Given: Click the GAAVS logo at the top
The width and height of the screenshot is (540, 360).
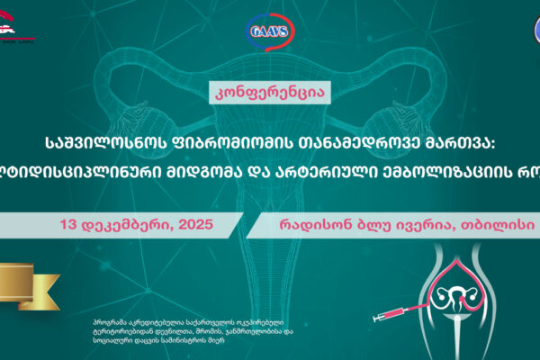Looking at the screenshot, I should coord(270,34).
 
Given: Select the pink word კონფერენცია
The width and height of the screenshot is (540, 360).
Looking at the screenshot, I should coord(269,92).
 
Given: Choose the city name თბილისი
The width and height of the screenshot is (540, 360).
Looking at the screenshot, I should coord(491,196).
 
